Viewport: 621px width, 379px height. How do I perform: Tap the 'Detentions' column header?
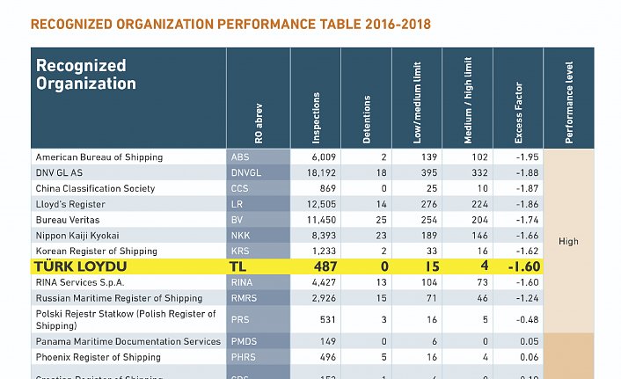(x=367, y=120)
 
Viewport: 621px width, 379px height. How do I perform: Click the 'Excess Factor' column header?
(x=518, y=119)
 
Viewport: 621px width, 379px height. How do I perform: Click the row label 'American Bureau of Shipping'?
(x=99, y=157)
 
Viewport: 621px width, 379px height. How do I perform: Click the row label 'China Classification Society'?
(x=95, y=189)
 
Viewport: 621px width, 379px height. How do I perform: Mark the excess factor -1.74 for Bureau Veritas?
(x=525, y=220)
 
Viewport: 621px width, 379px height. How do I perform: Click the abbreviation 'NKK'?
(x=240, y=236)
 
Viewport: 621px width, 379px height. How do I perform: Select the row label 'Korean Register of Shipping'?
(x=96, y=251)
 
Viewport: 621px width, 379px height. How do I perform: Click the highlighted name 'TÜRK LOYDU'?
(x=80, y=266)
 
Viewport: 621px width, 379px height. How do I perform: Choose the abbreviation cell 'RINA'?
(x=242, y=282)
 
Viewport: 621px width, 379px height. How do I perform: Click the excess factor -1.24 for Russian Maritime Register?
(x=525, y=298)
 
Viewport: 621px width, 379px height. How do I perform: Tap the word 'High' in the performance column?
(x=568, y=241)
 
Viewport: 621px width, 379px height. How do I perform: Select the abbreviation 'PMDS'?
(x=245, y=342)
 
